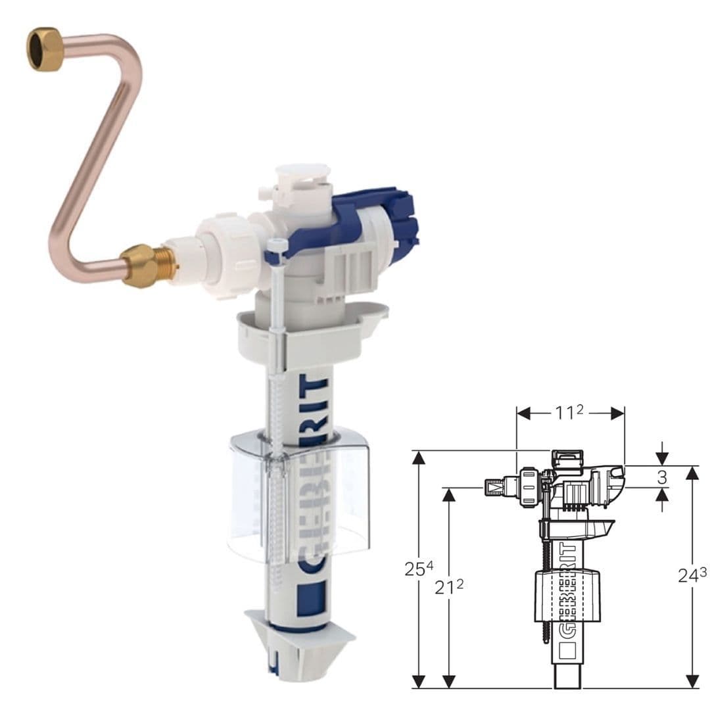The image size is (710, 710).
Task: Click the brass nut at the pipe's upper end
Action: [x=45, y=49]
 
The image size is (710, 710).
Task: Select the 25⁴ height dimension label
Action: [x=418, y=569]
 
